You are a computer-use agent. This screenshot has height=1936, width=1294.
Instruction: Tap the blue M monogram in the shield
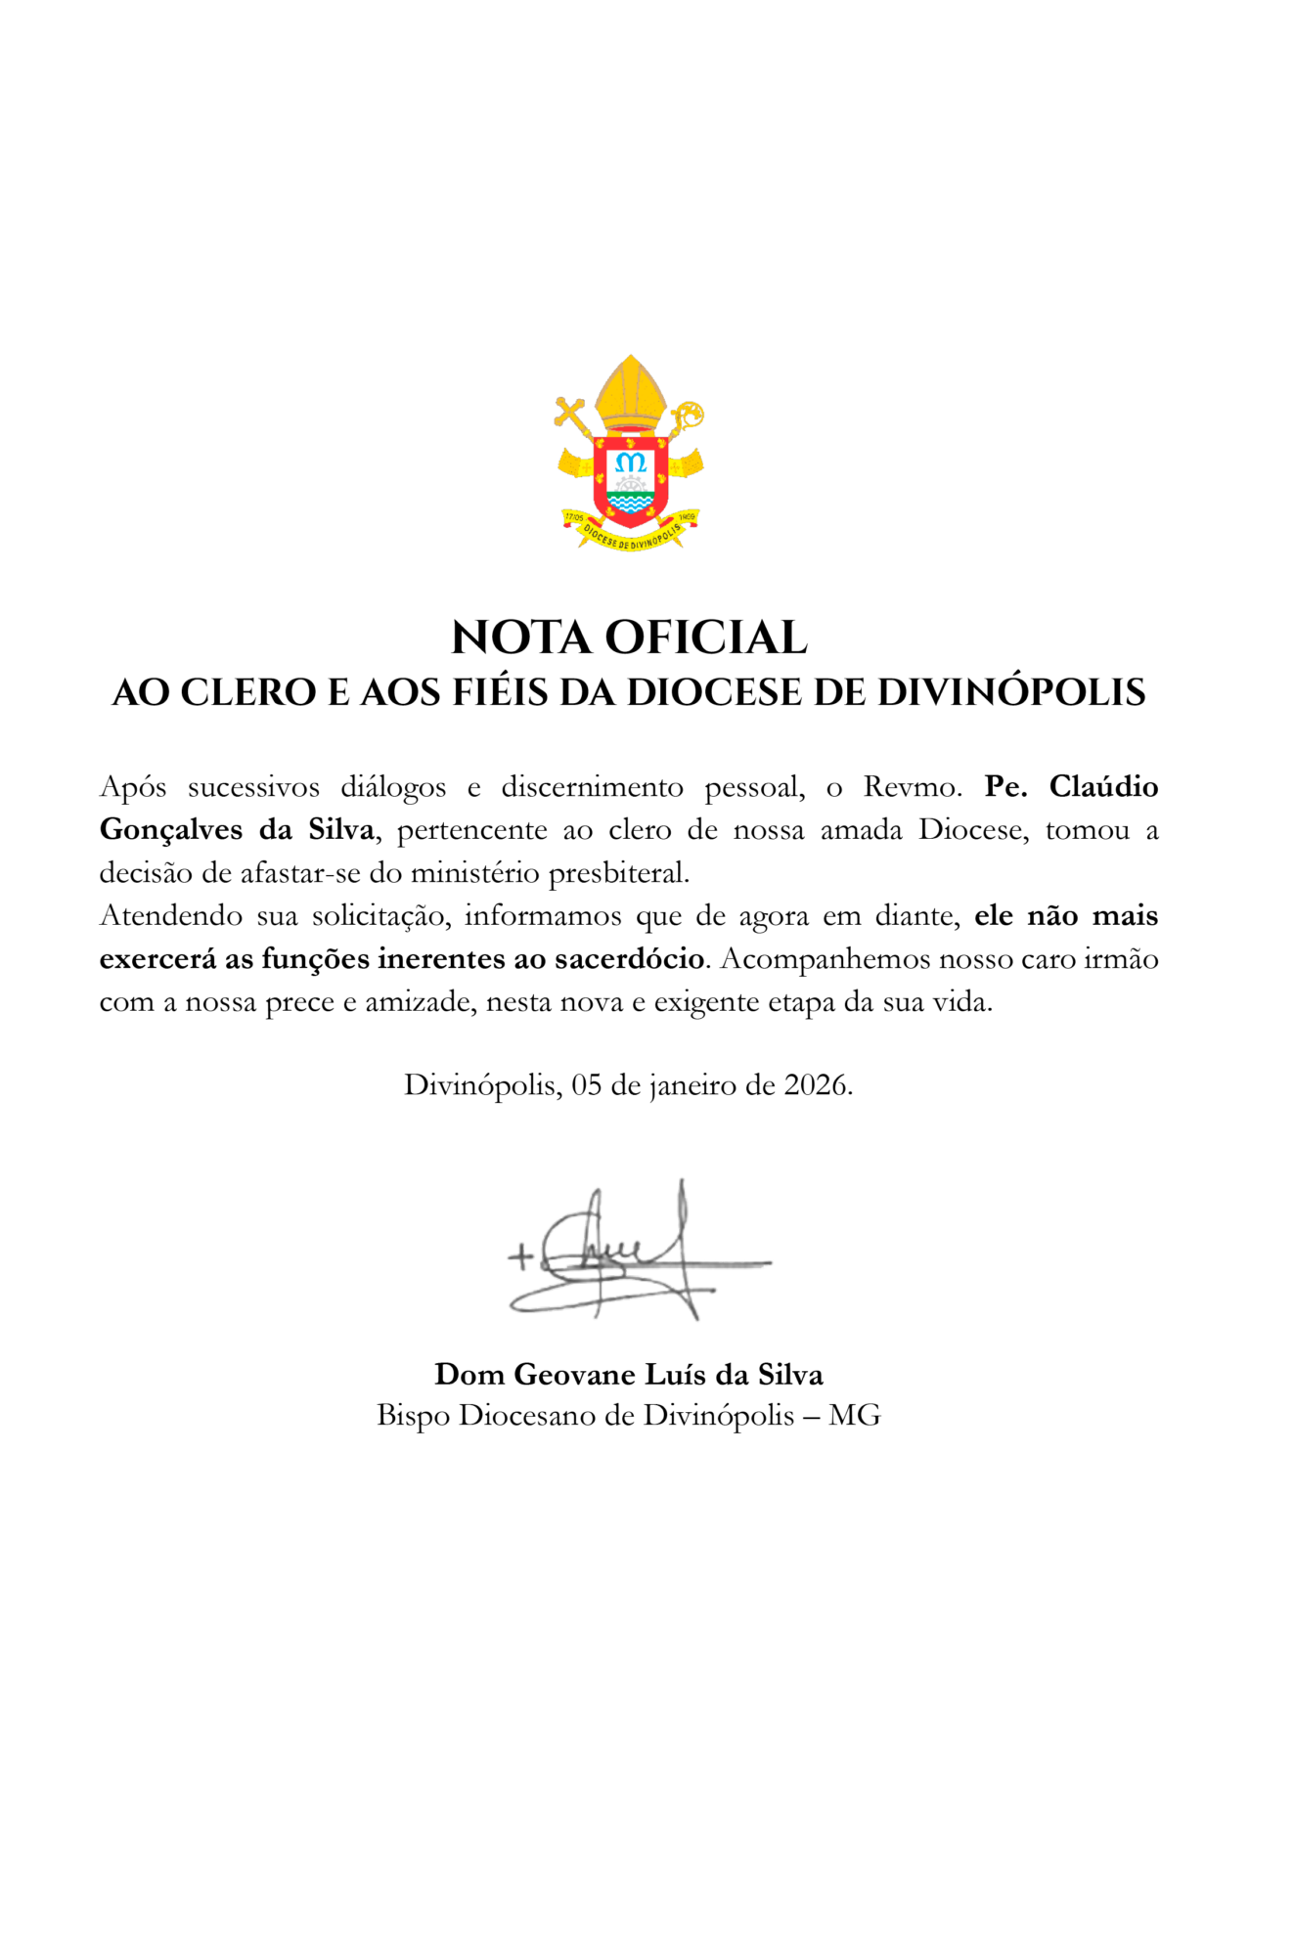pos(632,462)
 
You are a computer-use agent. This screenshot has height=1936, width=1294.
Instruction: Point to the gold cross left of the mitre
pos(570,412)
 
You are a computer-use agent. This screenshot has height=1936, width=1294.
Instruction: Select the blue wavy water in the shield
pos(631,503)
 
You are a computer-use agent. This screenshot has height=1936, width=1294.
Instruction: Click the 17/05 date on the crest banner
pos(574,516)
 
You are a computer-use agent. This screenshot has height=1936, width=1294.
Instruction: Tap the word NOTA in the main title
pos(521,638)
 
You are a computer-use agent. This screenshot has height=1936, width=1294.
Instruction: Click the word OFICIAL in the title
pos(706,638)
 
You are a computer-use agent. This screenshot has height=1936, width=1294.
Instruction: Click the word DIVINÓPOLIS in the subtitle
pos(1011,692)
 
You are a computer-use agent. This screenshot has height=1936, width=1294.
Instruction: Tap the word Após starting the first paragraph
pos(133,787)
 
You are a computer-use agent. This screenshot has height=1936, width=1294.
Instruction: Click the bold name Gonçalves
pos(170,830)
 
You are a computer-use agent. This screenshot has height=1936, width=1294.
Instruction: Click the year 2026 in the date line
pos(815,1085)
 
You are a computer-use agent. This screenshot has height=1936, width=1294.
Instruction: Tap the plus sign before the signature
pos(520,1256)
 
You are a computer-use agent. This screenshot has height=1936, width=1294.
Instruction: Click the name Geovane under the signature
pos(575,1375)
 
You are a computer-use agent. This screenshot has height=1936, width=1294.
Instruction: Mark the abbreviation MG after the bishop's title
pos(854,1416)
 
